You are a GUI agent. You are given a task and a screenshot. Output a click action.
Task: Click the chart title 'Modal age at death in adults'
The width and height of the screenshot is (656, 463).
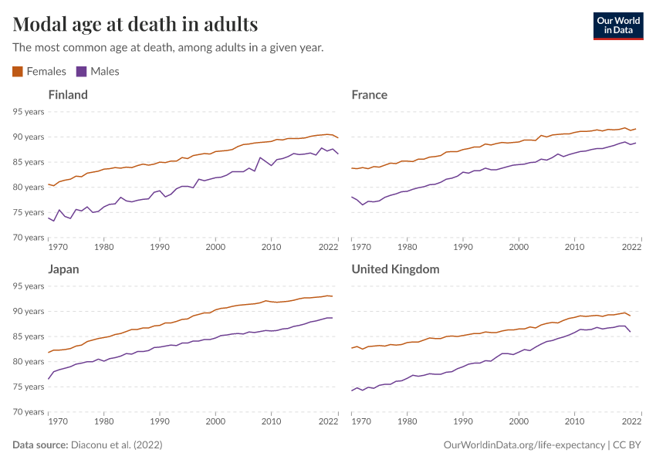point(136,24)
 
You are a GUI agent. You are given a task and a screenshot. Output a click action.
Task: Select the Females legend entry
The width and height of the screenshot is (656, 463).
point(39,72)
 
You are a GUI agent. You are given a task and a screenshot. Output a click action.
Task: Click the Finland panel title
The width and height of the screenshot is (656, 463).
point(68,95)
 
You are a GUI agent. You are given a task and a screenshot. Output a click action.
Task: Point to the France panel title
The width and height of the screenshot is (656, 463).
point(369,95)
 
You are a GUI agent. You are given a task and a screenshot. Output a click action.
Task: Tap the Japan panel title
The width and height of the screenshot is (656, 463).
point(63,269)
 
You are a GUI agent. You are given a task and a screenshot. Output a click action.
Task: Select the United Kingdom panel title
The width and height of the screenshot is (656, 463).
point(395,269)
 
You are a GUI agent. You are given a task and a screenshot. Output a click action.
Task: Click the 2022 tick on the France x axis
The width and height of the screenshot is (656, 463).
point(631,248)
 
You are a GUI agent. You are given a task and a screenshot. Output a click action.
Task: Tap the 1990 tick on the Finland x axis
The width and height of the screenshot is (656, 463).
point(160,248)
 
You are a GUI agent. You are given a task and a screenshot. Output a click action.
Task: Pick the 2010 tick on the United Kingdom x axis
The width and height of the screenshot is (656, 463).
point(574,422)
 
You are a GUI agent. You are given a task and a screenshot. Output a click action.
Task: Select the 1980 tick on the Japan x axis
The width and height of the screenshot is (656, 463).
point(104,422)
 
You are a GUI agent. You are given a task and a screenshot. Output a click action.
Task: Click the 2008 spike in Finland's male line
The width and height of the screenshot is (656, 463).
point(260,158)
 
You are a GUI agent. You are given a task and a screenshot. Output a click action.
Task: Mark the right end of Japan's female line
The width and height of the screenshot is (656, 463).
point(332,296)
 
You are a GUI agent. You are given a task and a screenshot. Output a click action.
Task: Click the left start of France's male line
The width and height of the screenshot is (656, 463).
point(352,197)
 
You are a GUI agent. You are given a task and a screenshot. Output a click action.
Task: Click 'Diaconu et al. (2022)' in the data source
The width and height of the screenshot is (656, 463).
point(117,445)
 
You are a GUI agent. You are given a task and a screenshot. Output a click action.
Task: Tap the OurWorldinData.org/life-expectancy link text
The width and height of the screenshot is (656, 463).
point(525,445)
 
